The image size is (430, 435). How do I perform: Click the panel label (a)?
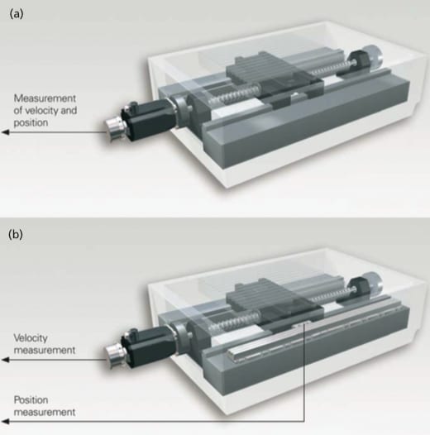click(17, 14)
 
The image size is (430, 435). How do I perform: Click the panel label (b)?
click(16, 235)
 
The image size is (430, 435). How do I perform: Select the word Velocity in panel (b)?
click(31, 338)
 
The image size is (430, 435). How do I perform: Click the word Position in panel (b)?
click(31, 400)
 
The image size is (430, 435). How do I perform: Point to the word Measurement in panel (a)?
click(45, 98)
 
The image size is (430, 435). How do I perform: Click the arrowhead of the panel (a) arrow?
click(5, 132)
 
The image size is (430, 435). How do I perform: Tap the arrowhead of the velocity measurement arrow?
click(5, 360)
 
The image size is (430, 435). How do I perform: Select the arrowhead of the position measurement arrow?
click(5, 422)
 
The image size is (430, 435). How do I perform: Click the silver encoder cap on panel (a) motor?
click(115, 129)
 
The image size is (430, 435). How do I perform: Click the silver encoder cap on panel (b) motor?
click(115, 356)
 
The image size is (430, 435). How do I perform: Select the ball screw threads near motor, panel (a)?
click(233, 96)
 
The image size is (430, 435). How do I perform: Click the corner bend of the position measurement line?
click(304, 422)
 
